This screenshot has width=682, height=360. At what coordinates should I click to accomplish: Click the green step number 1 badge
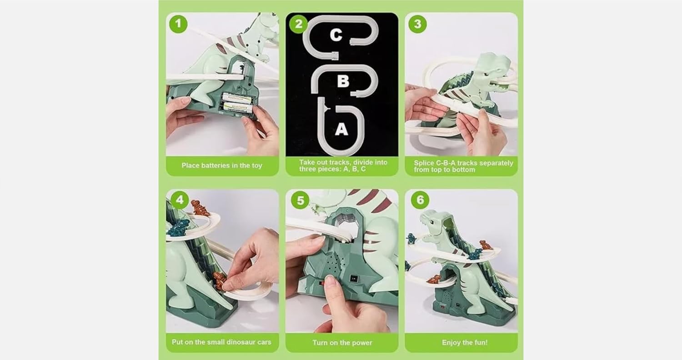[x=178, y=24]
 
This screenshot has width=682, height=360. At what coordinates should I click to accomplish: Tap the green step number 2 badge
[x=298, y=24]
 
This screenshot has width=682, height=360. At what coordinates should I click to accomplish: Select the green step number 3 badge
[x=417, y=24]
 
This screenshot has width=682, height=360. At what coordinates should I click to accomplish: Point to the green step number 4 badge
[x=179, y=200]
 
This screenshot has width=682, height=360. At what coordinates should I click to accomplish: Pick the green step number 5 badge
[x=300, y=200]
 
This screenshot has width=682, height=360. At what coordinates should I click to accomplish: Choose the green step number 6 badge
[x=420, y=200]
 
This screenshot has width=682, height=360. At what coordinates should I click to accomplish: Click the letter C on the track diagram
[x=336, y=35]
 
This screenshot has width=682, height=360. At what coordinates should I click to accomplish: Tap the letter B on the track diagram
[x=343, y=81]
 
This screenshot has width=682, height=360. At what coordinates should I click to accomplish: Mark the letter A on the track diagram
[x=341, y=129]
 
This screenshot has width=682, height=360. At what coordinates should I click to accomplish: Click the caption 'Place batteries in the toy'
[x=222, y=165]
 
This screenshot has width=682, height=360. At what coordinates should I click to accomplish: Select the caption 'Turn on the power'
[x=342, y=343]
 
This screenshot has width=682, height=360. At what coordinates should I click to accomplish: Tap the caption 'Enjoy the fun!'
[x=465, y=343]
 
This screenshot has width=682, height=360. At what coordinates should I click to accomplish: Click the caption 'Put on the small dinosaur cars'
[x=221, y=342]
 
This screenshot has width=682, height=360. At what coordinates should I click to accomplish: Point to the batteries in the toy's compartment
[x=237, y=103]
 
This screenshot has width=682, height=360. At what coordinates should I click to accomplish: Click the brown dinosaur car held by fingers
[x=219, y=280]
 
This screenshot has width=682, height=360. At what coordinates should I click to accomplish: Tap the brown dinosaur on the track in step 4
[x=200, y=207]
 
